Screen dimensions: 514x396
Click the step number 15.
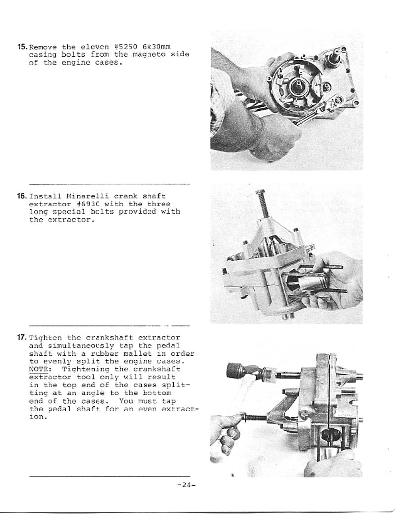pyautogui.click(x=22, y=47)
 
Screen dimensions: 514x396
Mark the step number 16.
pyautogui.click(x=22, y=196)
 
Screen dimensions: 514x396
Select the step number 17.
pyautogui.click(x=22, y=338)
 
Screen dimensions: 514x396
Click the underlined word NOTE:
pyautogui.click(x=38, y=369)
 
